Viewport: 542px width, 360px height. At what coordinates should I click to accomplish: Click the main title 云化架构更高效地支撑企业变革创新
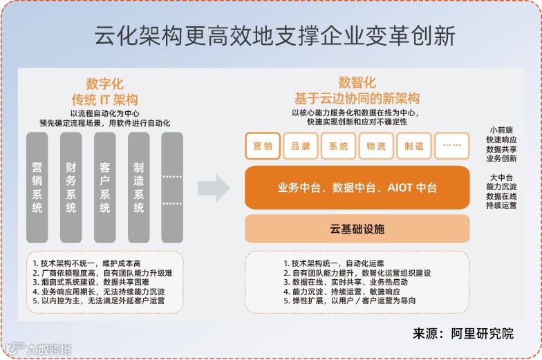pos(274,36)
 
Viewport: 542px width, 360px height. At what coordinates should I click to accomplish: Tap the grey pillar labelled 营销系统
pos(37,187)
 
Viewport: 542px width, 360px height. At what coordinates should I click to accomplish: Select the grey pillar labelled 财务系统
pos(71,187)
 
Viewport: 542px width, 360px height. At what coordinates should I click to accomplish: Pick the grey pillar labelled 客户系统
pos(105,187)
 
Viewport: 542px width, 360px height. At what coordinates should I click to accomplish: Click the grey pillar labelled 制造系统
pos(139,187)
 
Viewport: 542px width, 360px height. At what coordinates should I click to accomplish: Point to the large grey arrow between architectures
pos(213,187)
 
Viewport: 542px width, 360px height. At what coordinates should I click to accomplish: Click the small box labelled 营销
pos(263,146)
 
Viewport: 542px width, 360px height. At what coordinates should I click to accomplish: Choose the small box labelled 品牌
pos(301,146)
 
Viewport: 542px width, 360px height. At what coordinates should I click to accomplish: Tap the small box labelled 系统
pos(339,146)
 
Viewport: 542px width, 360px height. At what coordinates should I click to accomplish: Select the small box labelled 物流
pos(377,146)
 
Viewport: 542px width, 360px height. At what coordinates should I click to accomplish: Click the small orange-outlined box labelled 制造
pos(414,146)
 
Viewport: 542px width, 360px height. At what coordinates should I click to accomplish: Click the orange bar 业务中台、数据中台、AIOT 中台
pos(357,187)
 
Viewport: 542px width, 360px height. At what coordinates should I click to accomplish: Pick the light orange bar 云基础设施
pos(357,229)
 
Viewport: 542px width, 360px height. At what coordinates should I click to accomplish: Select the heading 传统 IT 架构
pos(105,99)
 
